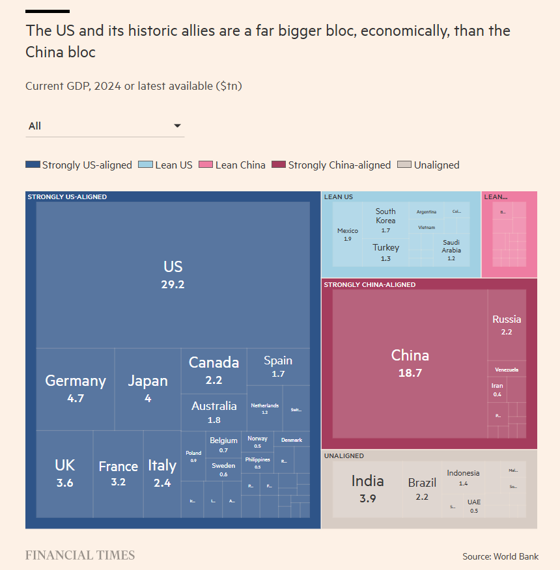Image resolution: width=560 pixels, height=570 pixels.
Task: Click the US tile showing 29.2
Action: pos(173,274)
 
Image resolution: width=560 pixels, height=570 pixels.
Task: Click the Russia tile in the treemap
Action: pos(507,325)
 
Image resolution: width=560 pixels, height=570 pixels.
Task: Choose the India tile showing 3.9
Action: pos(367,489)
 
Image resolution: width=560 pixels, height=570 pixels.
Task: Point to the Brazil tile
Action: pos(422,489)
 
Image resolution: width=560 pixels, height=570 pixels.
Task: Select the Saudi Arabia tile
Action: pos(451,250)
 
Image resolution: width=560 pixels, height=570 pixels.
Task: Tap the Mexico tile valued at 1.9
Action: pos(348,234)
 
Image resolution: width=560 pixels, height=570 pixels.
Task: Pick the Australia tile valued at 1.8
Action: pos(214,412)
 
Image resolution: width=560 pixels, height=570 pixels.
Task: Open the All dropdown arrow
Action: pos(177,126)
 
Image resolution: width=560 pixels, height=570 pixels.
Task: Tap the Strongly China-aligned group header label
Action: pos(370,285)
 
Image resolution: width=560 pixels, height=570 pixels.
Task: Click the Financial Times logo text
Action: pos(80,555)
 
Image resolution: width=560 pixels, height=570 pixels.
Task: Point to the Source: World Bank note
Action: pos(501,556)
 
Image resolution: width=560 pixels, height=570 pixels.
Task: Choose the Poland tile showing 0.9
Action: pos(193,456)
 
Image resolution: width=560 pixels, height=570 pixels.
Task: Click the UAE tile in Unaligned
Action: pos(473,506)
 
